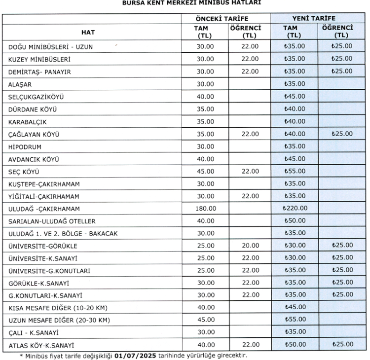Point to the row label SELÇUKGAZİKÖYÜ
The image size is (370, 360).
(x=37, y=97)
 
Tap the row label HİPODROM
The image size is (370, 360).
(x=25, y=146)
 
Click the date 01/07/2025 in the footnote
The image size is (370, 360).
(x=137, y=355)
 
